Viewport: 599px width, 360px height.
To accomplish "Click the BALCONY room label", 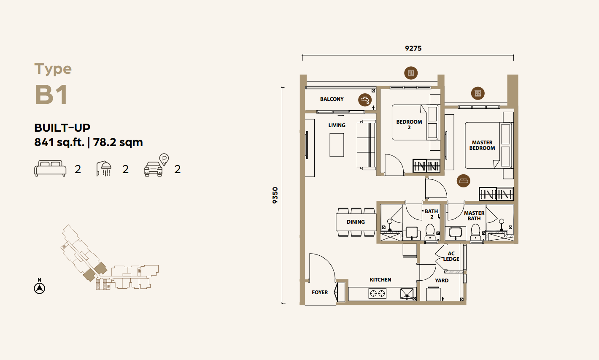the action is tap(332, 99).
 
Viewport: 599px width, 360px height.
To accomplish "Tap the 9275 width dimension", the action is tap(413, 48).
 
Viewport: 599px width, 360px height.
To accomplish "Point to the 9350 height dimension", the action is tap(275, 195).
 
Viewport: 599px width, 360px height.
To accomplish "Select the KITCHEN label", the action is tap(380, 279).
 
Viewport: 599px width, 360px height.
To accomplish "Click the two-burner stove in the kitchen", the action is tap(377, 293).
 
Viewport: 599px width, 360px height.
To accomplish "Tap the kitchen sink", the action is tap(407, 294).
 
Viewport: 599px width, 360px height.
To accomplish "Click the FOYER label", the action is tap(320, 292).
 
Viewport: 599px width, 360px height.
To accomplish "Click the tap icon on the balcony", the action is tap(365, 100).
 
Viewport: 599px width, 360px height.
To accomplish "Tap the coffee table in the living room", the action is tap(337, 145).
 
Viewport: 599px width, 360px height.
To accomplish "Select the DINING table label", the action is tap(356, 222).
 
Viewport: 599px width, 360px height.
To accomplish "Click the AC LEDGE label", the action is tap(451, 256).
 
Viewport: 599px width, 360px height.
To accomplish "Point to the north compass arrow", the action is tap(40, 288).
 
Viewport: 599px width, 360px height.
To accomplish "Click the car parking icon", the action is tap(156, 165).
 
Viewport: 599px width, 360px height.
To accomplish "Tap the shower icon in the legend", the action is tap(104, 168).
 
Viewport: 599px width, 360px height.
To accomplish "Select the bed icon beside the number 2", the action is tap(50, 168).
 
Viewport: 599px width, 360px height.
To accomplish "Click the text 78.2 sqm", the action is tap(118, 142).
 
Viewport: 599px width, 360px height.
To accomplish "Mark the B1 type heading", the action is tap(51, 95).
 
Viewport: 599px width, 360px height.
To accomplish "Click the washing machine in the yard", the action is tap(433, 294).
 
